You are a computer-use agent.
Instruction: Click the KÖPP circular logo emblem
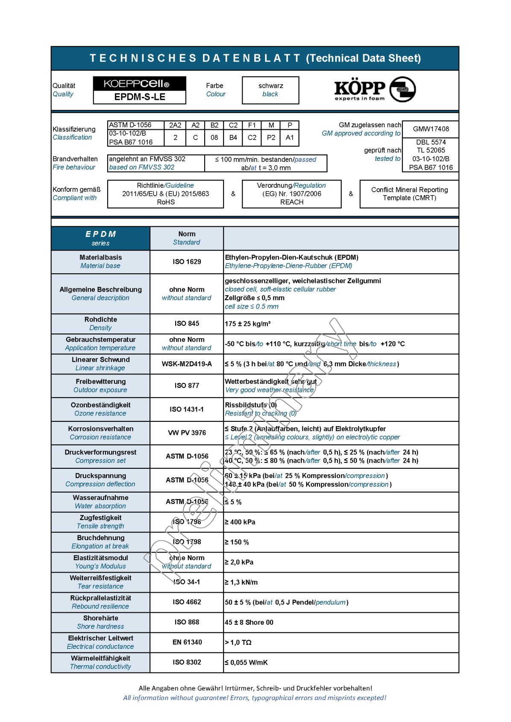402,89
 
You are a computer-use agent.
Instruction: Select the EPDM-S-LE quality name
140,97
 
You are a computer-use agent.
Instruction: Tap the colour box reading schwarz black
270,90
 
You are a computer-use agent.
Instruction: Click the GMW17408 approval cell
431,129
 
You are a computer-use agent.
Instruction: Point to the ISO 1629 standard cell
187,262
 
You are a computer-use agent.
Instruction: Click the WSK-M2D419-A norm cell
187,364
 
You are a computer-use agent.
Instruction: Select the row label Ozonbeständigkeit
100,405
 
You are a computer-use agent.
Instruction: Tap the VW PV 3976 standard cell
187,433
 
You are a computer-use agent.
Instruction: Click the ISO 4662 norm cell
187,602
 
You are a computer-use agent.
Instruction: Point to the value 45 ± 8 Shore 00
249,623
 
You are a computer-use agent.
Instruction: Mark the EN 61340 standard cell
187,642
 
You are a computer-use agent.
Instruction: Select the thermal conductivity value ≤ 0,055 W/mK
246,663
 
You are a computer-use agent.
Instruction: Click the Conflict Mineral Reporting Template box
409,194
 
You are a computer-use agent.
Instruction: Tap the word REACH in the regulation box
292,202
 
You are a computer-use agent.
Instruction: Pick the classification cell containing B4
233,137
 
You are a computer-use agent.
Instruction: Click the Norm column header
187,238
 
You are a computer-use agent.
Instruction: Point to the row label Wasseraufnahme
100,498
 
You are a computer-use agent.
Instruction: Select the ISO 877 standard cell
187,386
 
